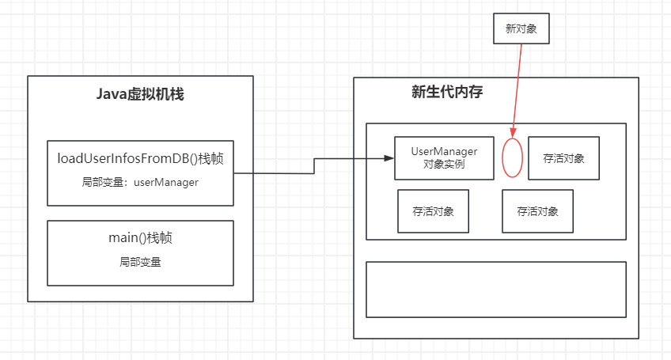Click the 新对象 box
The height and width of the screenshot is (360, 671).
click(x=520, y=28)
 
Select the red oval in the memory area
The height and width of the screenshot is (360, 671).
click(x=513, y=157)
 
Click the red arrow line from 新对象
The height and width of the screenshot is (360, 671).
click(x=518, y=87)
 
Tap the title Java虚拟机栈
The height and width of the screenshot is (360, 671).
click(x=140, y=95)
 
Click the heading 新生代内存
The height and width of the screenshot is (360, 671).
click(x=447, y=92)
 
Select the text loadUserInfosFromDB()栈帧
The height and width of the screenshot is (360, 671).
click(x=140, y=157)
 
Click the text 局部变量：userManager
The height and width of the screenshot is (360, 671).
click(x=140, y=182)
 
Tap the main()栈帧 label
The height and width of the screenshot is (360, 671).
click(x=140, y=237)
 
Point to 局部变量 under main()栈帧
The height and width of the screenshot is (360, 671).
click(x=140, y=262)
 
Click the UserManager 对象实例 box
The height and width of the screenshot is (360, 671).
click(x=444, y=157)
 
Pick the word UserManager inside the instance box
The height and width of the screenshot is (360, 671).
click(x=444, y=151)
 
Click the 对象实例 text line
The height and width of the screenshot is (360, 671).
click(x=444, y=165)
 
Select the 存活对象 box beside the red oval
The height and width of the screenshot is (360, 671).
click(x=563, y=157)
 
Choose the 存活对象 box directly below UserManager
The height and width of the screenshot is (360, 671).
click(x=433, y=211)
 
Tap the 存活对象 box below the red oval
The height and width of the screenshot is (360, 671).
click(x=537, y=211)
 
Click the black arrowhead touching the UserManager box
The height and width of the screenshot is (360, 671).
click(x=389, y=159)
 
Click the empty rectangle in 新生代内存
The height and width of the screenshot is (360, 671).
click(x=496, y=290)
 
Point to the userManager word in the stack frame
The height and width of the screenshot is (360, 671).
click(x=165, y=182)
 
